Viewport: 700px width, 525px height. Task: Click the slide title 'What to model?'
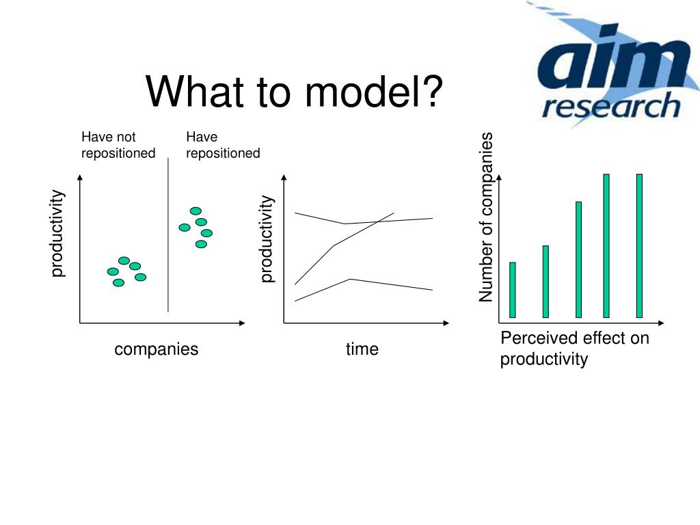[294, 92]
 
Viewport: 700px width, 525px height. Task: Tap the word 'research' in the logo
[611, 106]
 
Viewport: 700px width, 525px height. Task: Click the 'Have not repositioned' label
[118, 145]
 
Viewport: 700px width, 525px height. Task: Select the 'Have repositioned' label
[223, 145]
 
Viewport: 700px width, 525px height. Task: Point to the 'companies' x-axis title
[157, 349]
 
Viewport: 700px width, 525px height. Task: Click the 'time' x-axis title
[362, 349]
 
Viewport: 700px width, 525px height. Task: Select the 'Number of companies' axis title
[486, 217]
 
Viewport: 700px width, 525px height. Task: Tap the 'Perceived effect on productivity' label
[574, 348]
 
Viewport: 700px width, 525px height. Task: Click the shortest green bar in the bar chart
[513, 290]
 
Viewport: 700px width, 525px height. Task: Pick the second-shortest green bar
[546, 282]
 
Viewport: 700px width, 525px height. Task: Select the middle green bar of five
[578, 260]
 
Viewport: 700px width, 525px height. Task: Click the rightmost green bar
[639, 246]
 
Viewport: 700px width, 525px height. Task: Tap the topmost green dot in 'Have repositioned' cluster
[196, 211]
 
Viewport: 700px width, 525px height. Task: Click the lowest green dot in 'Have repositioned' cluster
[202, 244]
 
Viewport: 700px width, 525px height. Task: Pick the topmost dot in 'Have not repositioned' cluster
[124, 260]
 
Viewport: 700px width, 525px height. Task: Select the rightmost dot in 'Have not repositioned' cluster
[141, 278]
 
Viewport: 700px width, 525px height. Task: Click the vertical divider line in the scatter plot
[168, 235]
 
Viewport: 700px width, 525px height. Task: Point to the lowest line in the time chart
[364, 290]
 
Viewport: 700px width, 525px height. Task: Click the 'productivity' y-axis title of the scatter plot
[57, 234]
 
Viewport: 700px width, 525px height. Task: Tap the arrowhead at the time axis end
[446, 323]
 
